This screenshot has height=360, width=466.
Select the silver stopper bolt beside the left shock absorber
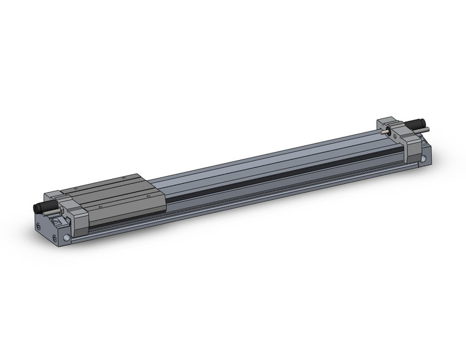pos(50,213)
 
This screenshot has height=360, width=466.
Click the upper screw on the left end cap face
pos(38,226)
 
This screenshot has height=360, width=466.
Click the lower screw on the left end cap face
pos(55,238)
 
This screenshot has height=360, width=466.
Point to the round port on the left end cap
pos(66,237)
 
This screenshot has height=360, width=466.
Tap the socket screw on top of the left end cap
pos(56,221)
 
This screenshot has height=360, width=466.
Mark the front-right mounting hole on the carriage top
pos(149,196)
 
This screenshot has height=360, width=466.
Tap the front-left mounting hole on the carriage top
pos(101,207)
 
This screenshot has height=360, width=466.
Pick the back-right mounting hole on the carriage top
pos(123,178)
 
